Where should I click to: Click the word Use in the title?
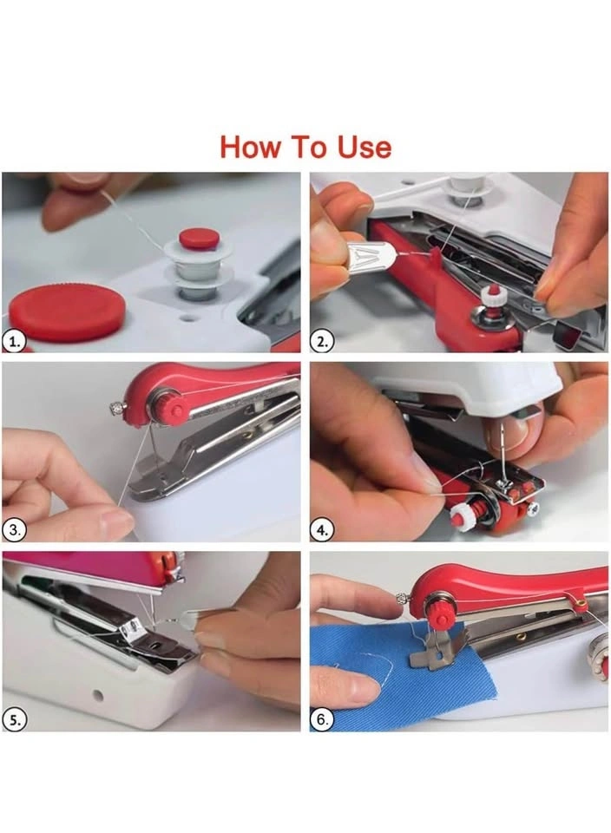[365, 148]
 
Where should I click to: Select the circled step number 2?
[322, 342]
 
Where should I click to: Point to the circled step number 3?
[14, 530]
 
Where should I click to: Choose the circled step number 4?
[322, 530]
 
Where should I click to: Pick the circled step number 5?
[14, 720]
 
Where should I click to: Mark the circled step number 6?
[322, 720]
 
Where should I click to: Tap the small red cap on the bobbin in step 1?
[199, 239]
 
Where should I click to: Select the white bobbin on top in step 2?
[463, 191]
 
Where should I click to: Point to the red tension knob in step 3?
[169, 406]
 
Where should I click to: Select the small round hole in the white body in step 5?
[97, 694]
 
